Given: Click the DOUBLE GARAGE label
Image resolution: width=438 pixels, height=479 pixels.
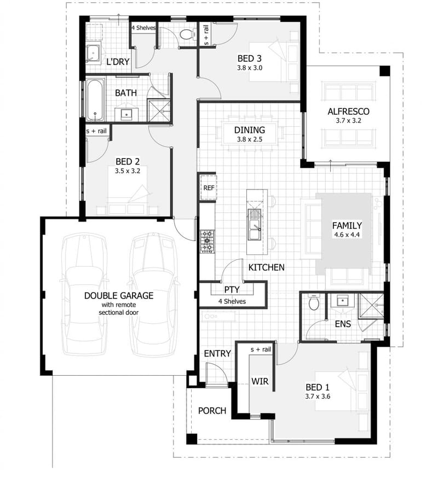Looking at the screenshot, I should [x=118, y=295].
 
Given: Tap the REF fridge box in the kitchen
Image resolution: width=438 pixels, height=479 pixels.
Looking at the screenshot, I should [x=208, y=188].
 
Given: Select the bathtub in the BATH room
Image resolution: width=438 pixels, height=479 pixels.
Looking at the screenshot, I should [x=95, y=100].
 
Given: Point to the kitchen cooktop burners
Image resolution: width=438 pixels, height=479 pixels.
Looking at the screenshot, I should [x=208, y=241].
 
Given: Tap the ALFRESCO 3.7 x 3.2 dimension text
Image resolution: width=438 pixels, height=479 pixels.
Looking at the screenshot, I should [x=348, y=121].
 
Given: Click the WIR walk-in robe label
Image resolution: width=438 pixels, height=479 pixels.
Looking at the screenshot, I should [x=260, y=381].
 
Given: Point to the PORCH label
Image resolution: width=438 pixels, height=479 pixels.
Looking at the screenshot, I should [x=212, y=410].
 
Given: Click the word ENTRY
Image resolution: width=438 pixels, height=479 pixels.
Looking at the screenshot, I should [x=217, y=353].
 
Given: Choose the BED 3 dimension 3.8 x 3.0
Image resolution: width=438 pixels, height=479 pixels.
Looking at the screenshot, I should [x=250, y=68].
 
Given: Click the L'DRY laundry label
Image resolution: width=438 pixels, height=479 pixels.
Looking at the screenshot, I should [x=118, y=62].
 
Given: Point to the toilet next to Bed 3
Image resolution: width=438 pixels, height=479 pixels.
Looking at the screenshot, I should [x=187, y=34].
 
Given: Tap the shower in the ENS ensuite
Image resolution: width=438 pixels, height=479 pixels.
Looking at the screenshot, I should [x=371, y=306].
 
